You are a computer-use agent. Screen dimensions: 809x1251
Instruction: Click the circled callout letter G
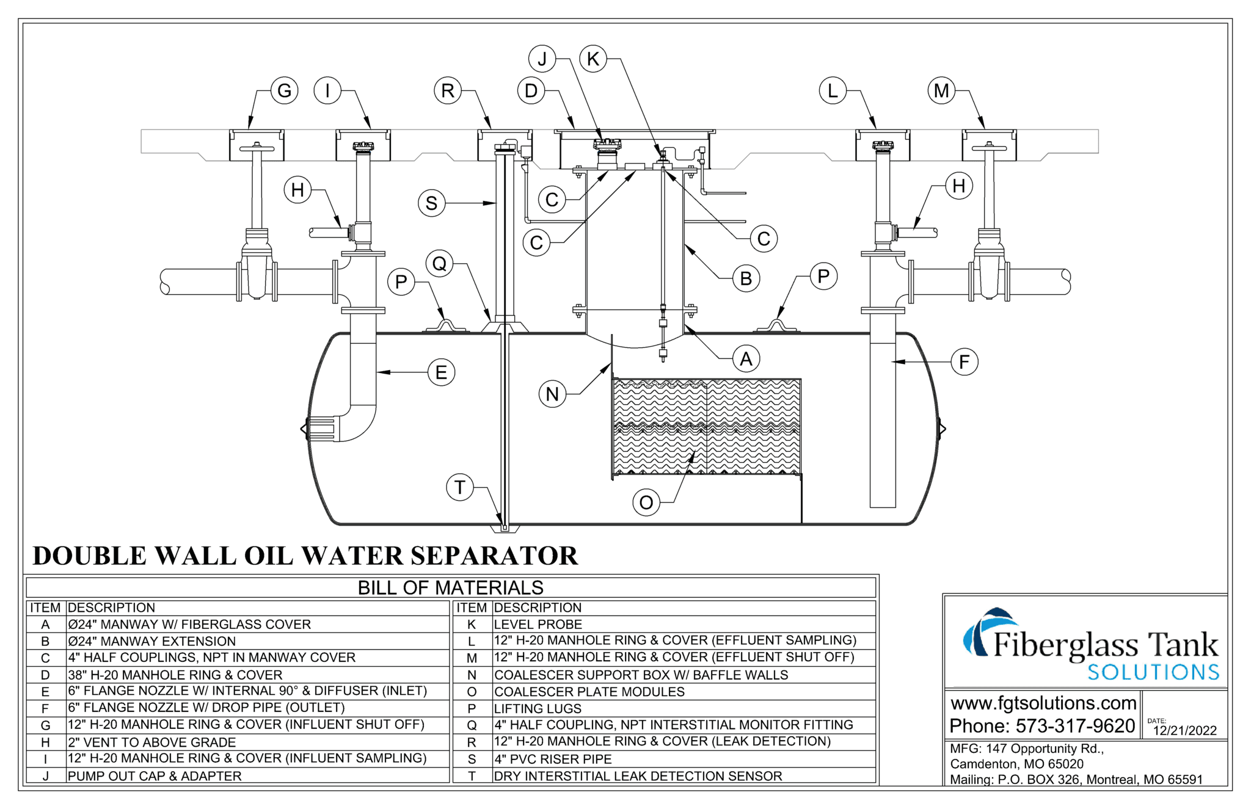click(284, 91)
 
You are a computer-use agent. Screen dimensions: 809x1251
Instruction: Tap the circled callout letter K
click(593, 59)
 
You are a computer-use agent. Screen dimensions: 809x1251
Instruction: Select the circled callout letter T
click(459, 487)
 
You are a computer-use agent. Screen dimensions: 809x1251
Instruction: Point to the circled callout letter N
click(552, 394)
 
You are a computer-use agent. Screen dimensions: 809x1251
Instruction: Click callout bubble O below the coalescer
click(646, 502)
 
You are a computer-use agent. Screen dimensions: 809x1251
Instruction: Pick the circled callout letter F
click(964, 362)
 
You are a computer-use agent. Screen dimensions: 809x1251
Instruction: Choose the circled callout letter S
click(431, 203)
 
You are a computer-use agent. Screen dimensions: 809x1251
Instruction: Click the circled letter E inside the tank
click(441, 372)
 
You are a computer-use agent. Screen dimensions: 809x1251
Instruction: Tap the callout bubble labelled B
click(746, 278)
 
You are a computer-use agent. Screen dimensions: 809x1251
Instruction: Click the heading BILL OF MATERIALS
click(450, 587)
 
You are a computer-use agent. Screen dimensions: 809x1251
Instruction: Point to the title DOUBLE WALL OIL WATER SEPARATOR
click(305, 556)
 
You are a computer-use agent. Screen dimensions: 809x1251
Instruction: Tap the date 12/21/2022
click(1184, 730)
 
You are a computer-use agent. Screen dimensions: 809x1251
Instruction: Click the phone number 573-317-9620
click(1075, 726)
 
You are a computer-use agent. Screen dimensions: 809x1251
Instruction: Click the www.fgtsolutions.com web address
click(1043, 703)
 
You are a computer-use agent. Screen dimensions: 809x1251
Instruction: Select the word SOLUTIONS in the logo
click(1153, 672)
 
